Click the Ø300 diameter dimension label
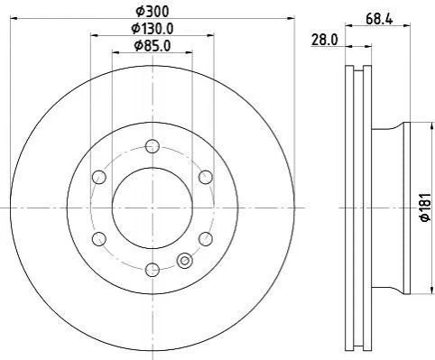[153, 12]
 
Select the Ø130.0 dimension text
[153, 29]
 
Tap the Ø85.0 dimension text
[153, 46]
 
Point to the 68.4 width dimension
[379, 20]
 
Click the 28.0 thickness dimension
[325, 40]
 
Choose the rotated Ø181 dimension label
[427, 208]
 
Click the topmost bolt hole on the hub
[153, 146]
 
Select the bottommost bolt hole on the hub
[153, 270]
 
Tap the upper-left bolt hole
[99, 177]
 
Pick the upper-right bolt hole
[206, 177]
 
